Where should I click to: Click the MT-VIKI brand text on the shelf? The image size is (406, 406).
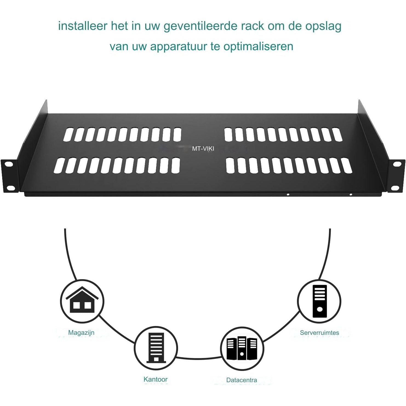(203, 149)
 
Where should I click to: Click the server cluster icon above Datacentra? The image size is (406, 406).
(242, 348)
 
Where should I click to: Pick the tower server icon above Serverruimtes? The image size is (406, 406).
(319, 300)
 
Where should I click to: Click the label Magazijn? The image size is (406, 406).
(81, 333)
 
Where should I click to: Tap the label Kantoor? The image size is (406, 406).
(156, 379)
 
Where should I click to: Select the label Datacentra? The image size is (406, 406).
(242, 380)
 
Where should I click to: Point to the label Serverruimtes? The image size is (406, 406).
(319, 333)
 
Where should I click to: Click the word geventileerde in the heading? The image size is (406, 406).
(201, 26)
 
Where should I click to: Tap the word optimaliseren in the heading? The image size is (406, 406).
(258, 47)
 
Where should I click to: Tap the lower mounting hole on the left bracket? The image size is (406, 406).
(11, 188)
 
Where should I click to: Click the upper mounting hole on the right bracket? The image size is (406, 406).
(397, 164)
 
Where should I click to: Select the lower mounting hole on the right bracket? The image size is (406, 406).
(395, 188)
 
